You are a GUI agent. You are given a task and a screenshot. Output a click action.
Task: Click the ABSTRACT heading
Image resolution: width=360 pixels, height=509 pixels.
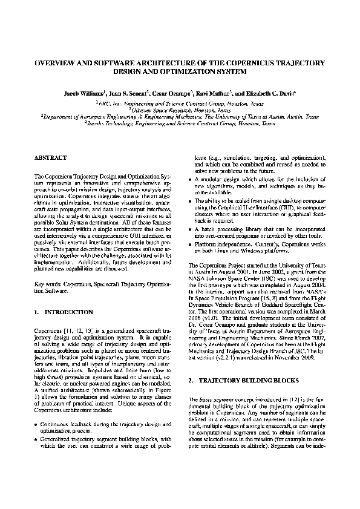click(x=50, y=157)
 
